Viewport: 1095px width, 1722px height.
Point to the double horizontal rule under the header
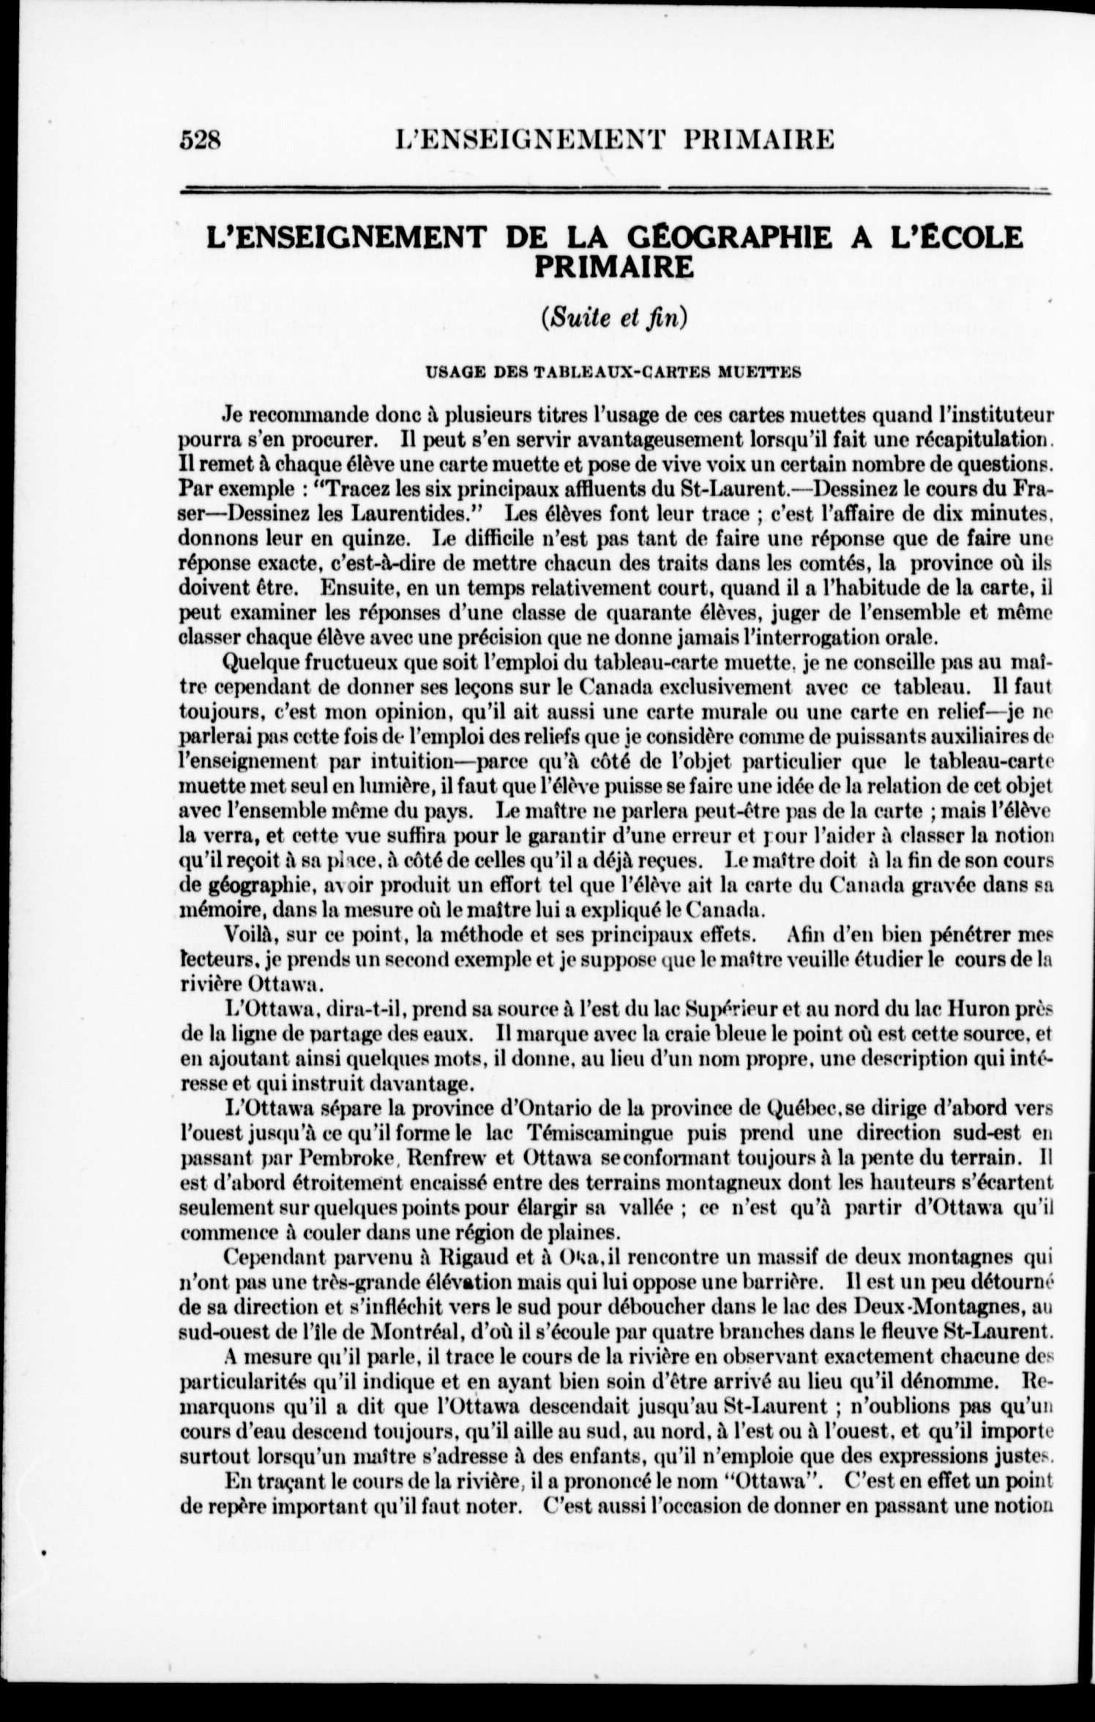click(615, 191)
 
